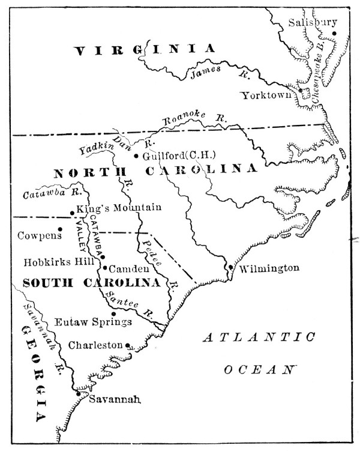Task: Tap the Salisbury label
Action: (x=309, y=22)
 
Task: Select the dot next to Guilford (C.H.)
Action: (x=136, y=156)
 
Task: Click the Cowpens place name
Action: (x=40, y=235)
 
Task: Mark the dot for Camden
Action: (x=104, y=268)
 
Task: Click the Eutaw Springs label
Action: (x=93, y=322)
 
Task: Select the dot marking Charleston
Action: (x=128, y=345)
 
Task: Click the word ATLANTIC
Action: (x=259, y=339)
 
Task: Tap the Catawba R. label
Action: (x=43, y=193)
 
